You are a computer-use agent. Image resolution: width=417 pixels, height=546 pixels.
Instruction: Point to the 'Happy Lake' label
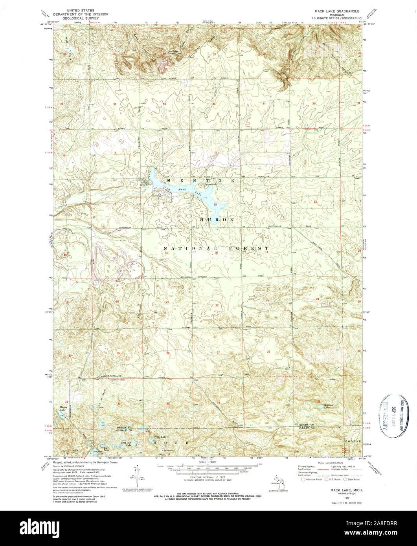click(63, 409)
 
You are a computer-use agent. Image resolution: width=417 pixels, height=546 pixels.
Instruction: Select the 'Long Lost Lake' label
click(126, 444)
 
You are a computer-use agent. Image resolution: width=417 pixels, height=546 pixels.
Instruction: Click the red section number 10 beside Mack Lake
click(215, 205)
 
